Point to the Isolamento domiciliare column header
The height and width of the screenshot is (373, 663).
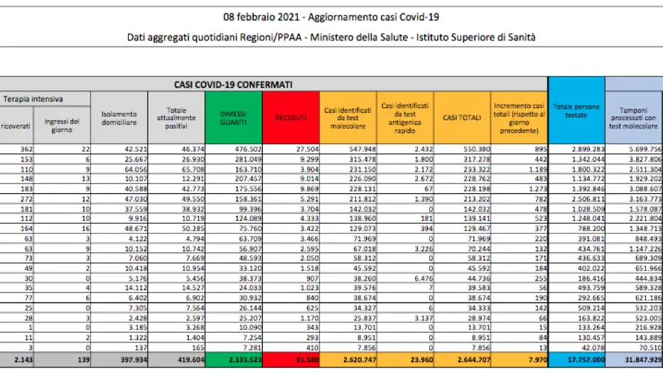pos(120,117)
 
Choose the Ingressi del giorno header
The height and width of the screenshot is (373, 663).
pos(62,126)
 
